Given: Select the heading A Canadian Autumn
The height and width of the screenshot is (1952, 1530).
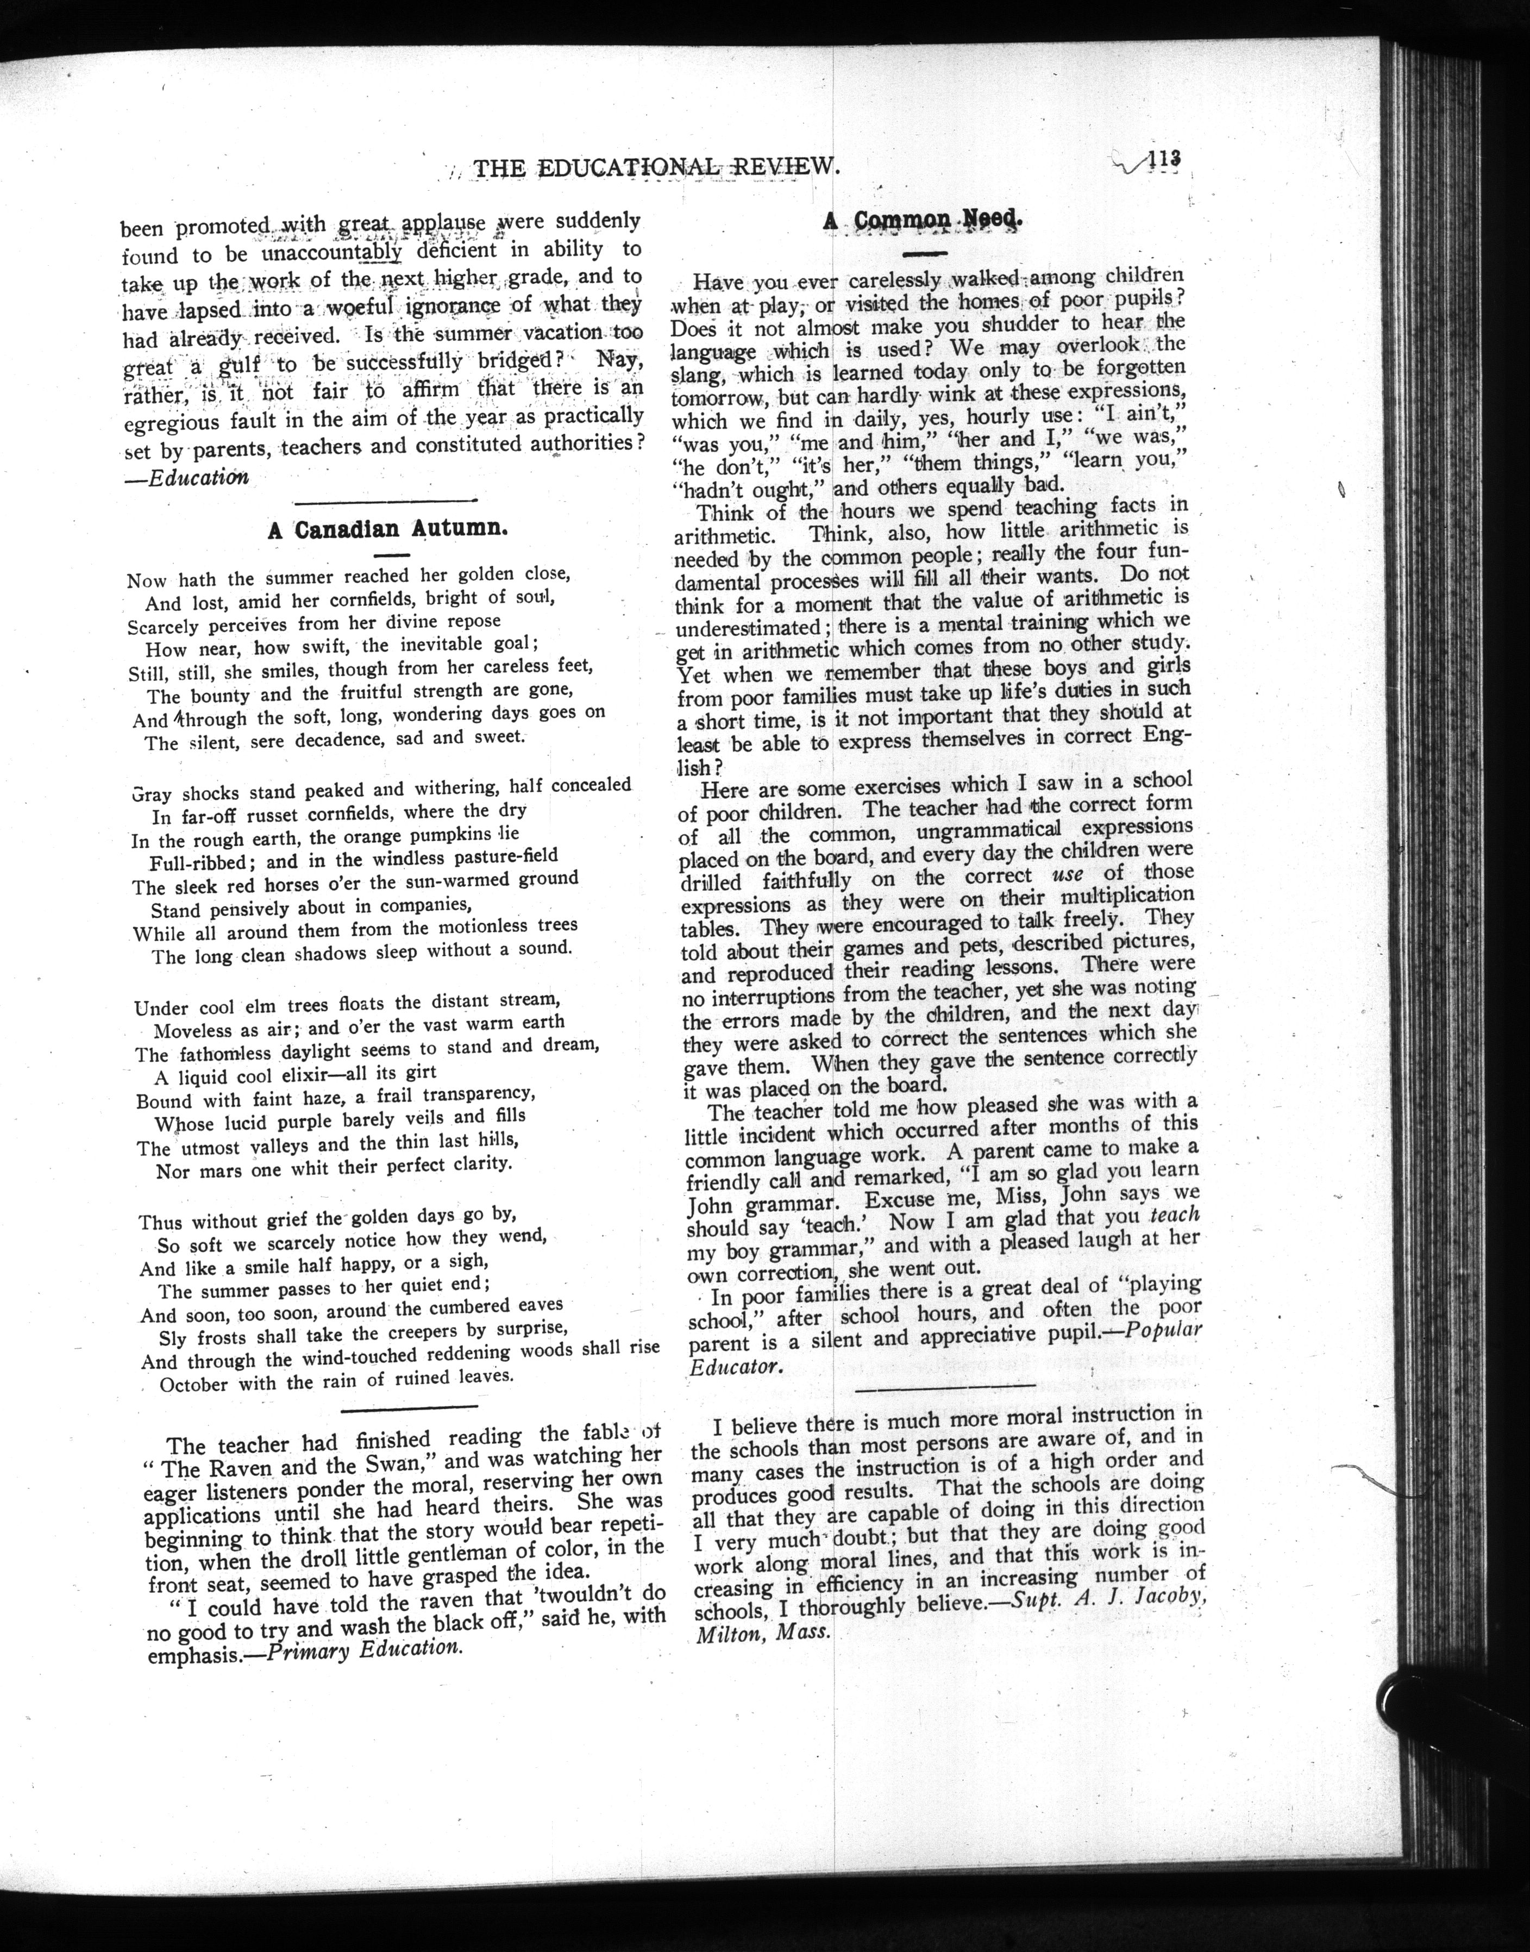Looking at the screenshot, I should [388, 529].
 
